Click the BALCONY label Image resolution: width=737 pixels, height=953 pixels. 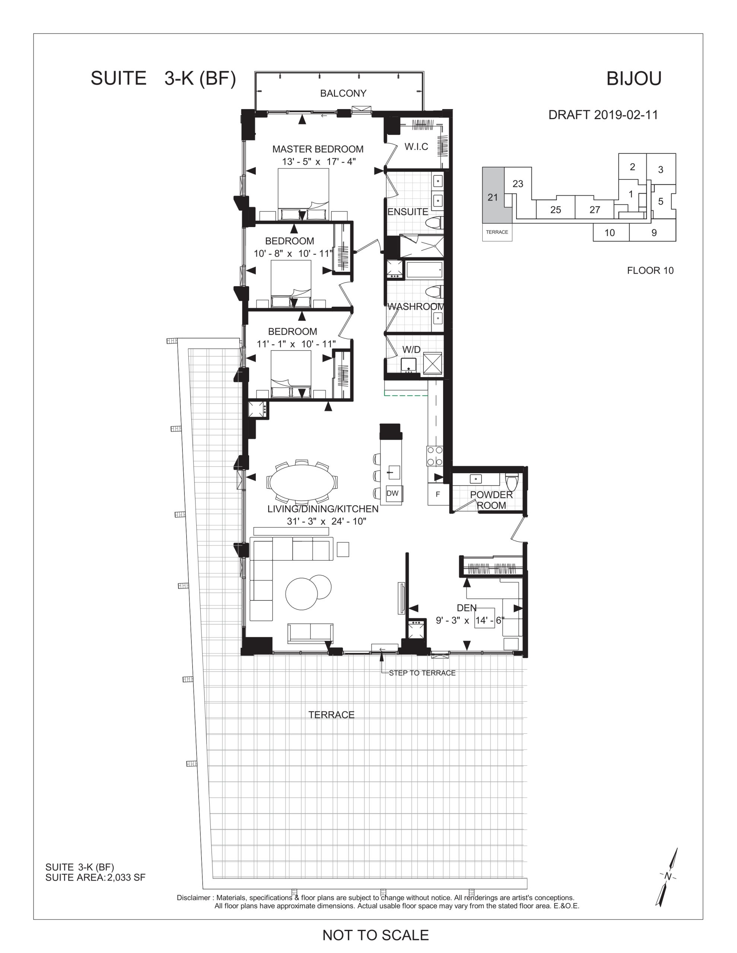coord(343,93)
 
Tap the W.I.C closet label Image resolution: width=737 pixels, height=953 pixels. coord(416,147)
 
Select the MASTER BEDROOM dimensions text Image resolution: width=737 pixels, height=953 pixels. coord(319,162)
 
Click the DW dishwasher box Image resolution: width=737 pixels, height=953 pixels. coord(393,493)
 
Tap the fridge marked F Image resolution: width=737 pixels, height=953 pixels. coord(438,494)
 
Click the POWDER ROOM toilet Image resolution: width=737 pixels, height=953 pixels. coord(512,482)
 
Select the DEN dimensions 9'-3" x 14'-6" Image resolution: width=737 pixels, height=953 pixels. coord(470,620)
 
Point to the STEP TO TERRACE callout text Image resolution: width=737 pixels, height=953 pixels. coord(422,673)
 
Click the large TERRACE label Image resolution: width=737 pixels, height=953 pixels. coord(331,715)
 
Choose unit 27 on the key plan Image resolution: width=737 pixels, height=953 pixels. coord(595,210)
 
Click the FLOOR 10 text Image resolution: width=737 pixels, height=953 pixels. coord(650,271)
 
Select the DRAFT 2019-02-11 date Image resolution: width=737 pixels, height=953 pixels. coord(603,115)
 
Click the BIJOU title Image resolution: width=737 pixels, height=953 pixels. coord(634,79)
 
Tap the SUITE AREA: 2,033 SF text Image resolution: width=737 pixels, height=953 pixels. coord(95,877)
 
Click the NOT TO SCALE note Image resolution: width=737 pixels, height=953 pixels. coord(375,935)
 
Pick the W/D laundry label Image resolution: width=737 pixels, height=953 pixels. coord(411,350)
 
